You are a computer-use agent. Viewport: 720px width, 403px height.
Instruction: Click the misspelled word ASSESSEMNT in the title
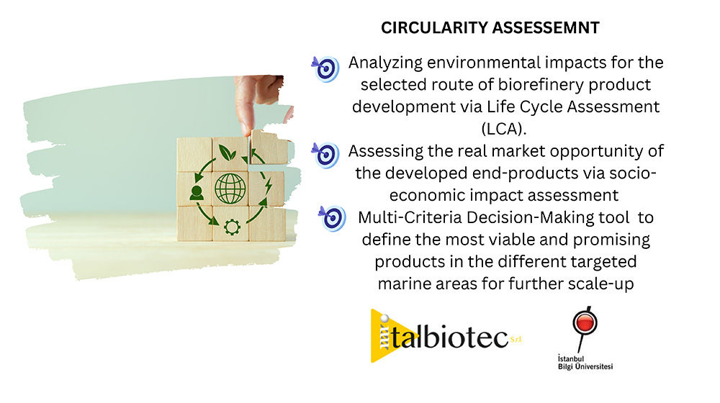(x=546, y=28)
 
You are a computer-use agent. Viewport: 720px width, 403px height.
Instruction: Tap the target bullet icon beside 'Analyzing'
(x=325, y=69)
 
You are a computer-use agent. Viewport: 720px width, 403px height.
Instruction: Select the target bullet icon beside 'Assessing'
(x=325, y=155)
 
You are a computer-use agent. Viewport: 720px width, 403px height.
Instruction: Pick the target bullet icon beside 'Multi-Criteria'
(x=333, y=218)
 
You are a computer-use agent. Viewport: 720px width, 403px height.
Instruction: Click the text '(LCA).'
(x=504, y=129)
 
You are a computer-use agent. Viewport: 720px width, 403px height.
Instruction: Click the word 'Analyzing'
(x=385, y=63)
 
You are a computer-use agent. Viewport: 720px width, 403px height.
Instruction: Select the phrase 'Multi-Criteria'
(x=410, y=217)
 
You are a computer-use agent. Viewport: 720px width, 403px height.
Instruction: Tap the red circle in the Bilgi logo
(x=585, y=321)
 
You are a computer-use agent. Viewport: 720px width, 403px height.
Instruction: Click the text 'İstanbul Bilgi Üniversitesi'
(x=585, y=362)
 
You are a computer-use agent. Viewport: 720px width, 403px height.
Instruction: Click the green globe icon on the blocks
(x=230, y=189)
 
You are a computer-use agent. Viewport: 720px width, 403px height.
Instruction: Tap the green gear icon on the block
(x=232, y=227)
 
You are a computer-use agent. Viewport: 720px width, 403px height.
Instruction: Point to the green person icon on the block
(x=197, y=193)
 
